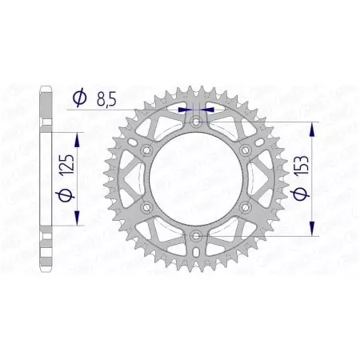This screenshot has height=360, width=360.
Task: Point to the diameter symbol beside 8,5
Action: click(x=79, y=98)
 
